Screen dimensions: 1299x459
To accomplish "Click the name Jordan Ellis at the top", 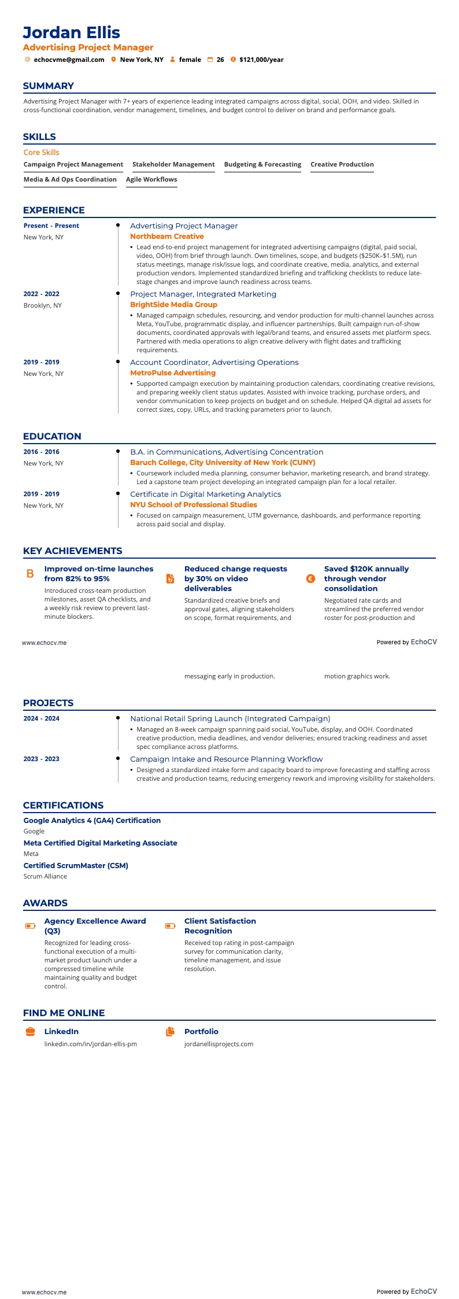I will click(72, 32).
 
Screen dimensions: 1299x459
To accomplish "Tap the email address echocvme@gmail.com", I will click(69, 60).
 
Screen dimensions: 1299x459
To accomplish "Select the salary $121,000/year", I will click(261, 60).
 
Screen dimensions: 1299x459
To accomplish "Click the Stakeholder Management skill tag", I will click(173, 164).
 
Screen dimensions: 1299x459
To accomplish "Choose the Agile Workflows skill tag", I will click(151, 179).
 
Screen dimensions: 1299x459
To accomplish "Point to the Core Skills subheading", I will click(41, 152).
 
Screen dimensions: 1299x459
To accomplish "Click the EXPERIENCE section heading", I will click(54, 210).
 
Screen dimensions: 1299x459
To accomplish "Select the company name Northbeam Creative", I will click(166, 237).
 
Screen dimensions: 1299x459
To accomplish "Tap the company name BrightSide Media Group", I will click(173, 305).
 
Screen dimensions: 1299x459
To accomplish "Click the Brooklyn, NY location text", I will click(42, 305).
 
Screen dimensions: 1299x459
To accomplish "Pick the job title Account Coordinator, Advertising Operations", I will click(214, 362).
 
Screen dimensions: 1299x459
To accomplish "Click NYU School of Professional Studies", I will click(193, 505).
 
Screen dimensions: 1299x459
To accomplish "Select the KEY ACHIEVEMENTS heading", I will click(72, 551).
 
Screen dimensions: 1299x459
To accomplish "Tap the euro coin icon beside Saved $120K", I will click(310, 578).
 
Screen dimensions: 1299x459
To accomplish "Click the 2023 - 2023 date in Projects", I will click(41, 759).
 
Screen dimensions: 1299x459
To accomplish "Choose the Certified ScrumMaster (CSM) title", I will click(76, 865).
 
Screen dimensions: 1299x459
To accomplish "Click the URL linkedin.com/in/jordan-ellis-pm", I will click(91, 1044).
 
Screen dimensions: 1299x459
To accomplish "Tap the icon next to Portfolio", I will click(170, 1031).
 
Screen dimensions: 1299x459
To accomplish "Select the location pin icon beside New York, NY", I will click(114, 60).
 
